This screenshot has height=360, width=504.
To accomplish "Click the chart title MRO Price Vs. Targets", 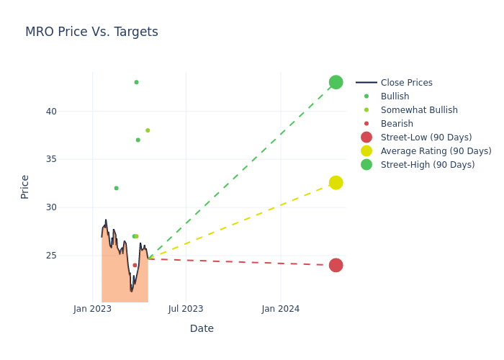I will click(91, 32).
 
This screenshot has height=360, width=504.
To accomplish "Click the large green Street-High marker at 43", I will click(336, 82).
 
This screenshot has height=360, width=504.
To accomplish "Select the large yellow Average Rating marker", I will click(336, 183).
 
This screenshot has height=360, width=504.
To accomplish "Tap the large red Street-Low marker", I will click(336, 265).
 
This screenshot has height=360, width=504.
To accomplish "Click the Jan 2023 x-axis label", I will click(93, 309).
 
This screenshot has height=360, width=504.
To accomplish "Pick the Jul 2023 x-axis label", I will click(186, 309).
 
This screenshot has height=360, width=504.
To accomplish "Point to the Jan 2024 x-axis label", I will click(281, 309).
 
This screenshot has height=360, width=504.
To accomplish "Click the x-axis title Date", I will click(202, 329).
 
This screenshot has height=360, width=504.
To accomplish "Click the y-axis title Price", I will click(25, 186).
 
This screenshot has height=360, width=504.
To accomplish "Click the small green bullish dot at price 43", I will click(136, 82).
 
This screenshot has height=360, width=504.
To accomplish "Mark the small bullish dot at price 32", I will click(116, 188).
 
